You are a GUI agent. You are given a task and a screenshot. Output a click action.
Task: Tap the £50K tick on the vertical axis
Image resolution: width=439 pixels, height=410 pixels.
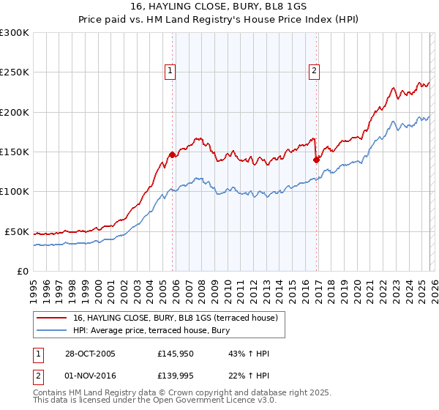click(16, 231)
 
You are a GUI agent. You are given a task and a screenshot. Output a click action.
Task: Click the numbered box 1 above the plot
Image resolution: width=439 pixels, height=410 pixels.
click(170, 71)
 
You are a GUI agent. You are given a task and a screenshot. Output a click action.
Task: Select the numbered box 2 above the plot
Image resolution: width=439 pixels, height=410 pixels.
click(314, 71)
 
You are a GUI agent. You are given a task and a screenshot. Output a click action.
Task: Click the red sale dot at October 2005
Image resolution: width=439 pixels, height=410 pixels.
click(173, 154)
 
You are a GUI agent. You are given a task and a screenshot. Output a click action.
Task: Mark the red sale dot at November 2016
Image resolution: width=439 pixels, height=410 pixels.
click(316, 160)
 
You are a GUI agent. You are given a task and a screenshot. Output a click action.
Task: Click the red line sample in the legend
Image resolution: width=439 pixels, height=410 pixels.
click(53, 318)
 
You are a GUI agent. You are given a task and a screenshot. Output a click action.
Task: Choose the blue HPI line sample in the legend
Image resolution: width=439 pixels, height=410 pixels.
click(53, 330)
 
